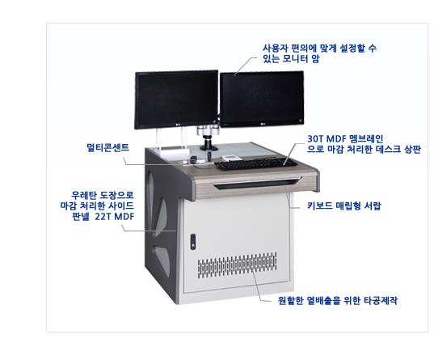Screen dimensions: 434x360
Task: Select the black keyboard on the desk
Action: coord(255,163)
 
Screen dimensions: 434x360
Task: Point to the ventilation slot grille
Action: coord(237,265)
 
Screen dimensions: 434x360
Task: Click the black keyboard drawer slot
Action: coord(257,184)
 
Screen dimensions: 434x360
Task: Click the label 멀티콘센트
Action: coord(108,147)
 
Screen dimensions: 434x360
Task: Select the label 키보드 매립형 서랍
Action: coord(344,206)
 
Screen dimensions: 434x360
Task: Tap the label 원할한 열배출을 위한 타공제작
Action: coord(338,300)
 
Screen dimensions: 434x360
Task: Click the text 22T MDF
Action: coord(115,217)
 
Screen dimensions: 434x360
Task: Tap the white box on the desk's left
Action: coord(174,151)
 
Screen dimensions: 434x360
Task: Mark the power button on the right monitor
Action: coord(301,121)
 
